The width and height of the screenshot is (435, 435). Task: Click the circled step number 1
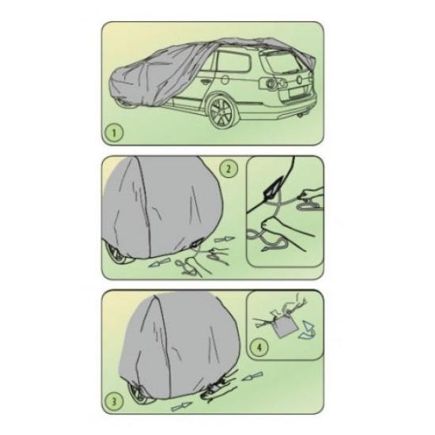114,133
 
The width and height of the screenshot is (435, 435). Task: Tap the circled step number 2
228,168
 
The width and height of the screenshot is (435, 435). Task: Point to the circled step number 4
259,347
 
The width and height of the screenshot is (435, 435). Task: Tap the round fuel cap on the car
225,79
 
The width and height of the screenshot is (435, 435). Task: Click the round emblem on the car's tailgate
299,80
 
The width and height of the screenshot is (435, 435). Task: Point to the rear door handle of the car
205,81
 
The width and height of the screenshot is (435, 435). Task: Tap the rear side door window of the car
233,62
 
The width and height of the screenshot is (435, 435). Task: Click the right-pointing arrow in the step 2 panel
225,240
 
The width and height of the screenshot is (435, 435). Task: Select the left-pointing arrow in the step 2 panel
159,262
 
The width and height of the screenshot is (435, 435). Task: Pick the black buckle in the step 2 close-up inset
273,187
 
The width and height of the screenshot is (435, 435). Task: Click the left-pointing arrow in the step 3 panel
252,376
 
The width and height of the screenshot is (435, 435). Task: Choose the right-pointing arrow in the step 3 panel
182,406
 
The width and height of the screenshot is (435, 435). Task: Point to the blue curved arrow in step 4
308,329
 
